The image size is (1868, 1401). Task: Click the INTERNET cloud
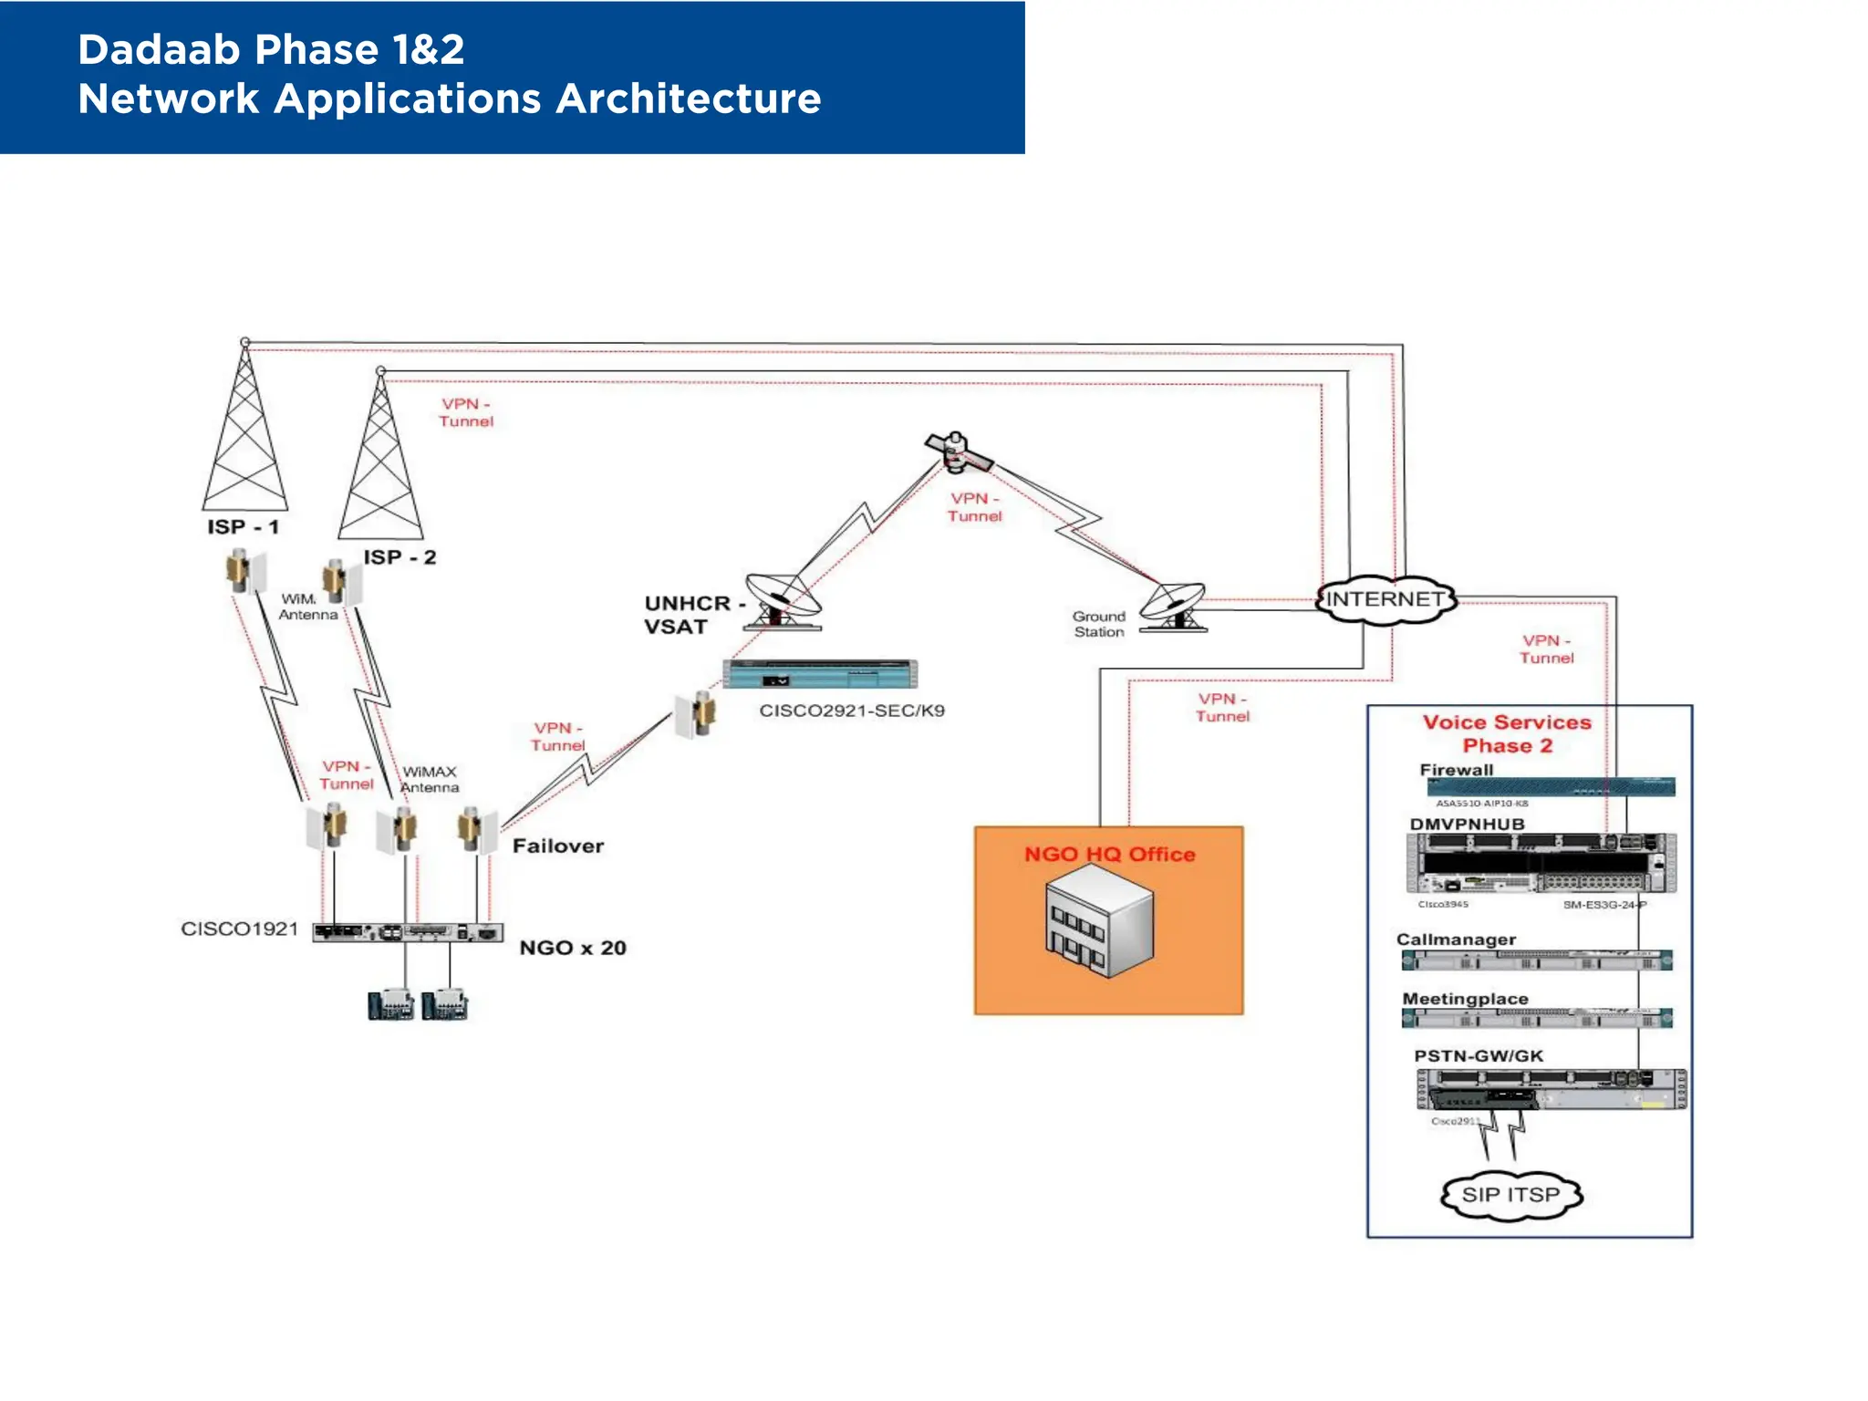(x=1385, y=599)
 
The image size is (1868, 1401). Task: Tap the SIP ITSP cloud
(x=1510, y=1194)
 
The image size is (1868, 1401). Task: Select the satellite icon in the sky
(x=957, y=452)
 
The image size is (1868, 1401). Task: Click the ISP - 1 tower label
(x=243, y=527)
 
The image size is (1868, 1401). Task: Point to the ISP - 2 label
(x=400, y=557)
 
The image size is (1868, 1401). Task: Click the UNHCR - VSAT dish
(x=783, y=601)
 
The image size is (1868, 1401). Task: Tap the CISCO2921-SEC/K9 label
(x=852, y=711)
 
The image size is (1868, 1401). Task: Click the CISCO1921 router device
(x=407, y=932)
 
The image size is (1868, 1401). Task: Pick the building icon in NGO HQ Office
(x=1099, y=921)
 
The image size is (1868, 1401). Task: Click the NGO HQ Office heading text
(x=1109, y=855)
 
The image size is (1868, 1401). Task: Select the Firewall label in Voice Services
(x=1457, y=770)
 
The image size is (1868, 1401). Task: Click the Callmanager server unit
(x=1537, y=960)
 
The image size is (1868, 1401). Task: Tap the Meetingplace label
(x=1465, y=999)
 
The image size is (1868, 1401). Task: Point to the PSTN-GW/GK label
(x=1479, y=1056)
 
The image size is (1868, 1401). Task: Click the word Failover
(x=558, y=846)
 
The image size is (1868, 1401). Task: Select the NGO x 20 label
(x=573, y=948)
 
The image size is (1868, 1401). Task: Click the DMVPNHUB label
(x=1467, y=825)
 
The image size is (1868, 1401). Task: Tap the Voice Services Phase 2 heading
(x=1507, y=734)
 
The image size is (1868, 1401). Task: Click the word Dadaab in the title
(x=161, y=50)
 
